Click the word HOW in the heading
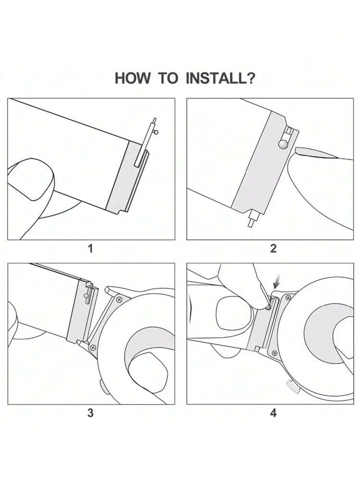coord(133,78)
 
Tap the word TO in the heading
coord(168,78)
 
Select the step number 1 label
coord(90,248)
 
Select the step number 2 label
coord(273,248)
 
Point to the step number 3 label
coord(90,413)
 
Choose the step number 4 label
coord(273,413)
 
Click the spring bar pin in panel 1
coord(146,142)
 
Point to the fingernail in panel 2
coord(315,153)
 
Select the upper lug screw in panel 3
coord(118,299)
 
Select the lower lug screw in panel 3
coord(93,347)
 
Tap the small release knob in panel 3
coord(86,295)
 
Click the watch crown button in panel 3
coord(103,387)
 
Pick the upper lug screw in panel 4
coord(288,297)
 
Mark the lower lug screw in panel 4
coord(274,353)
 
